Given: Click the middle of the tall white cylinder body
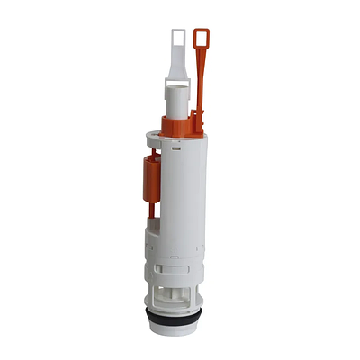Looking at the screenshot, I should [x=185, y=193].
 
